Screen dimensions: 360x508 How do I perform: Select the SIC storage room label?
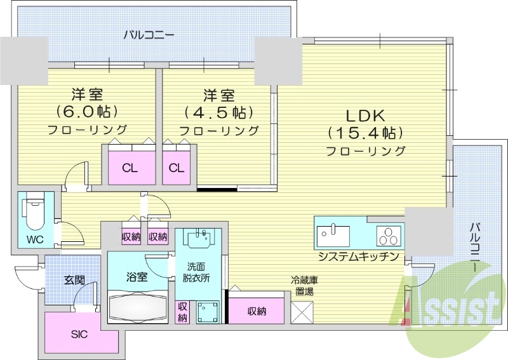click(79, 334)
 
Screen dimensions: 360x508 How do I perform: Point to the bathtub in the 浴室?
click(137, 308)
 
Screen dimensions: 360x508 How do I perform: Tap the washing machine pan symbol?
click(207, 313)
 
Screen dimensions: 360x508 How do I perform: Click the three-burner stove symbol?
click(389, 236)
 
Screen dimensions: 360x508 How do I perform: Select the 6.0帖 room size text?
click(87, 112)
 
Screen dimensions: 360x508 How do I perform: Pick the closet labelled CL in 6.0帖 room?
click(130, 168)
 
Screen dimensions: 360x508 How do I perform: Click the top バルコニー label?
click(149, 34)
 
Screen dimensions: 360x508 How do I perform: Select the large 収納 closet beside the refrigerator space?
click(257, 311)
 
